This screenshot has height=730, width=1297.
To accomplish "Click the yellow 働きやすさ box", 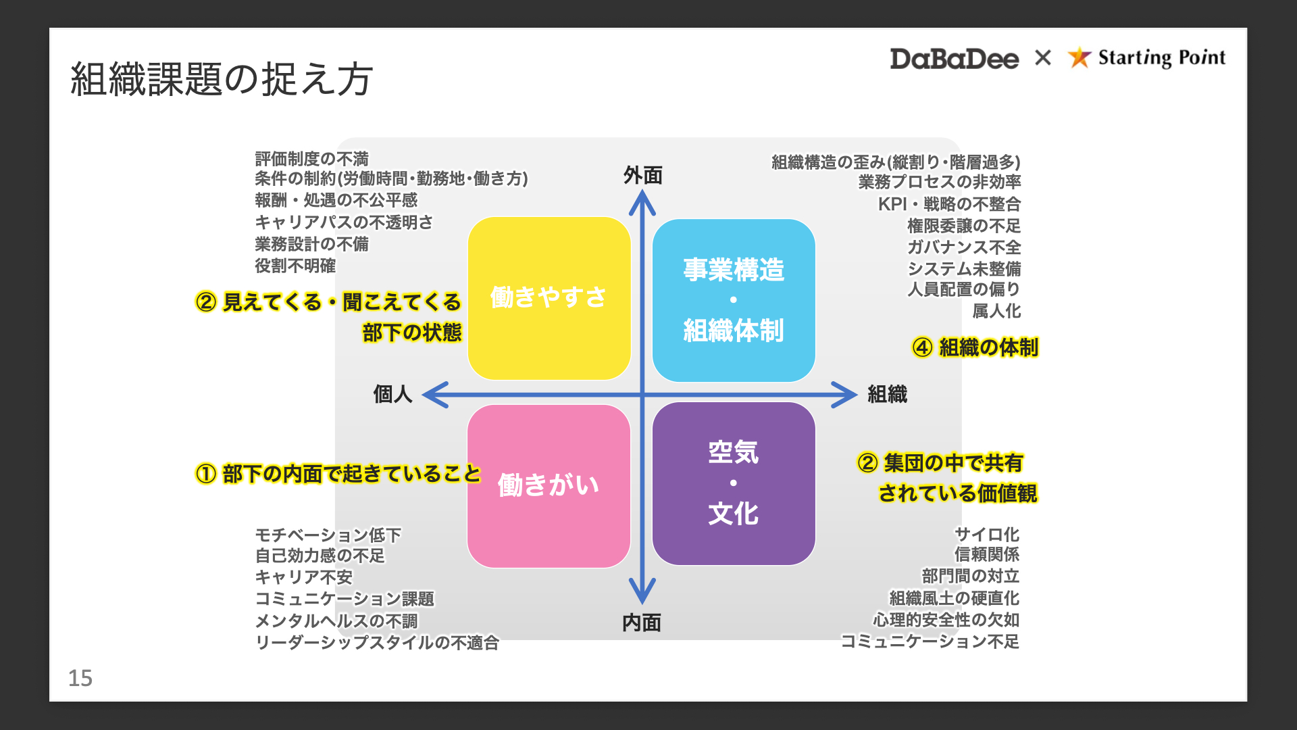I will coord(549,298).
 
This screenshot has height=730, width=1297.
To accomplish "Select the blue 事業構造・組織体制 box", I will coord(734,300).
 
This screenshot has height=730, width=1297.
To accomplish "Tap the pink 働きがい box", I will coord(549,486).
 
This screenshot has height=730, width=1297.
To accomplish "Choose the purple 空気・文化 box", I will coord(734,483).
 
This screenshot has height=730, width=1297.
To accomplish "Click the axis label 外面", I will coord(642,176).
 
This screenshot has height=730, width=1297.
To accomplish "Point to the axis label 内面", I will coord(642,623).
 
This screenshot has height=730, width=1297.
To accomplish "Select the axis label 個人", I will coord(392,394).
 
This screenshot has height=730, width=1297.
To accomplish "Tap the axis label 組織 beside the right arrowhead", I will coord(888,394).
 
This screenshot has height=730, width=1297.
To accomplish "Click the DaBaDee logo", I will coord(954,59).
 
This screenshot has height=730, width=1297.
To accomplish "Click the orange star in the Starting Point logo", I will coord(1079,57).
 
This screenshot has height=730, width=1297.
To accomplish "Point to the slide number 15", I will coord(80,678).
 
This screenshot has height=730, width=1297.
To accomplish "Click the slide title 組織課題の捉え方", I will coord(222,79).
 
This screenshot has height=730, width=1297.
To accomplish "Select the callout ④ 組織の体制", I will coord(975,347).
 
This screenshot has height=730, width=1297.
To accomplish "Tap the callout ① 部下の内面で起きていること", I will coord(338,474).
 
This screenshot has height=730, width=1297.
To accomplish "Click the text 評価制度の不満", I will coord(311,159).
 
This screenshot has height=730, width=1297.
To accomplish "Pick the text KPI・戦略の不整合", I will coord(949,203).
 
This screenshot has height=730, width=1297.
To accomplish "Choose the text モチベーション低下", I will coord(328,535).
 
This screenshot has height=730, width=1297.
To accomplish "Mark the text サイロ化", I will coord(987,534).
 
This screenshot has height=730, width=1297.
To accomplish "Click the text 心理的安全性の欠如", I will coord(946,619).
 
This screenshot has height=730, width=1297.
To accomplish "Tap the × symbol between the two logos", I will coord(1043,57).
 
